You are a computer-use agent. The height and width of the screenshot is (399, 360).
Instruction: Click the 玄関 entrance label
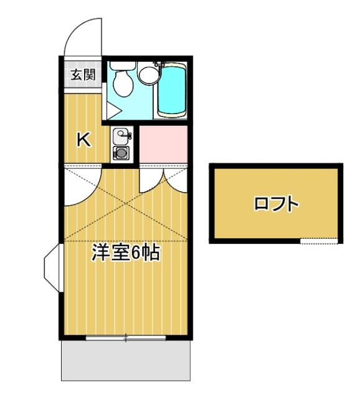click(82, 75)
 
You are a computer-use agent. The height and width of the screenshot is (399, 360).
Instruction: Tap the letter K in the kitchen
click(83, 140)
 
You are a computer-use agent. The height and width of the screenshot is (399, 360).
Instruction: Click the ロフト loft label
click(276, 203)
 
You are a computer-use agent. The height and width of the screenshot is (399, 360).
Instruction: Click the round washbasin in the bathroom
click(148, 75)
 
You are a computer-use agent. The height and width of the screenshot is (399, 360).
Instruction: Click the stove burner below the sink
click(121, 152)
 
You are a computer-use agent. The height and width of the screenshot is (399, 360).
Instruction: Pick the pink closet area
click(163, 144)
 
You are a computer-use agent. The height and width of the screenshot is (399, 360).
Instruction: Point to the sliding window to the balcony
click(125, 338)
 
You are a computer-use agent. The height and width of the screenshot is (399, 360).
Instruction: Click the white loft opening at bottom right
click(319, 241)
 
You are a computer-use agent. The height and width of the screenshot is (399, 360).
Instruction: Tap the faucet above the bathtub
click(158, 65)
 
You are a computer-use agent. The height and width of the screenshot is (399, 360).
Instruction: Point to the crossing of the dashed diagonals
click(125, 203)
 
